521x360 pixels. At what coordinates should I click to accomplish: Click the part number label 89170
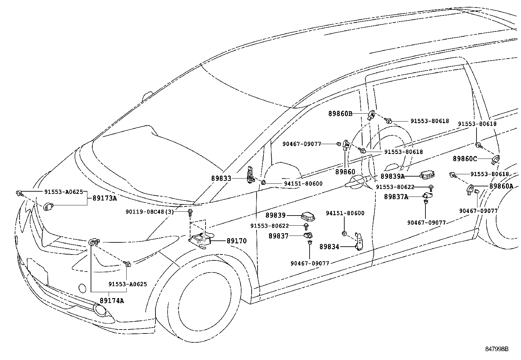click(x=237, y=241)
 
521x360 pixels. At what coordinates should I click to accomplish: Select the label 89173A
click(x=104, y=198)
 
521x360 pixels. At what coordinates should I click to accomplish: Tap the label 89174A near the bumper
click(x=112, y=300)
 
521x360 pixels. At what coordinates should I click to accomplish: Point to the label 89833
click(x=221, y=179)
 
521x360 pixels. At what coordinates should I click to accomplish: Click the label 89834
click(x=329, y=247)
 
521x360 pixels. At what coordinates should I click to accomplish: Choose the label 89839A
click(x=392, y=176)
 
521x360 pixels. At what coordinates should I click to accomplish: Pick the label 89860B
click(x=340, y=114)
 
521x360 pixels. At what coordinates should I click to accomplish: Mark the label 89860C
click(x=465, y=159)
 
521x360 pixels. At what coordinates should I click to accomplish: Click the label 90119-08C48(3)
click(x=150, y=212)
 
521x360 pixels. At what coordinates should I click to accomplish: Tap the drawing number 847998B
click(x=496, y=349)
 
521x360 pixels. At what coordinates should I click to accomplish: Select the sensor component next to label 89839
click(x=308, y=216)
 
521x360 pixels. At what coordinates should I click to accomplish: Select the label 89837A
click(x=396, y=197)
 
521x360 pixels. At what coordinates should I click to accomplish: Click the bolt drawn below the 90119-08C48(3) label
click(x=190, y=213)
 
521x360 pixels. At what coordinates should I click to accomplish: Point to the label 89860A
click(x=501, y=186)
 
